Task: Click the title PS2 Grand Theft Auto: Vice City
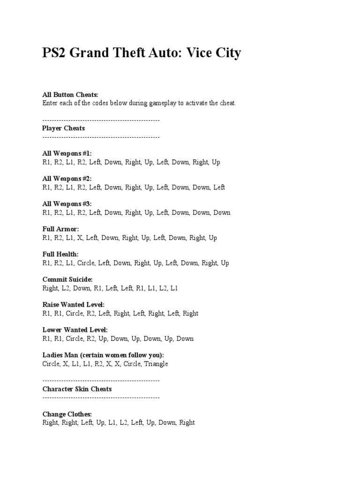142,53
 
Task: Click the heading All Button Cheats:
70,95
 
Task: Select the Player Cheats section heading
63,128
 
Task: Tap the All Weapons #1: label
67,153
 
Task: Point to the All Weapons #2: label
67,179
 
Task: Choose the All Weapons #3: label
67,204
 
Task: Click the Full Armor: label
61,229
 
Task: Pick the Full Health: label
60,255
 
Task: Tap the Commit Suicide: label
67,280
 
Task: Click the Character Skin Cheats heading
77,389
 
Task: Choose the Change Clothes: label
67,414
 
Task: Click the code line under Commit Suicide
110,288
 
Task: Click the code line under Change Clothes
119,423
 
